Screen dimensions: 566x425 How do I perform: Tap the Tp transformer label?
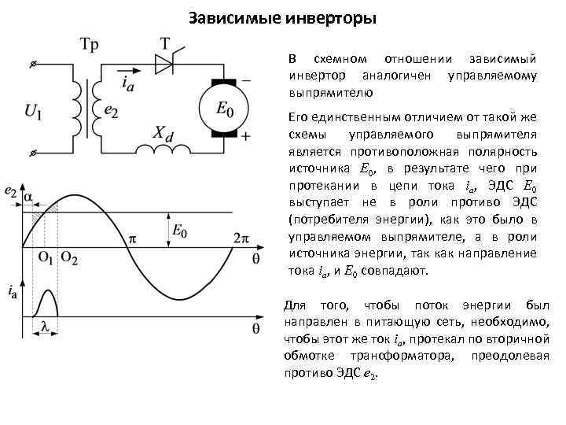89,45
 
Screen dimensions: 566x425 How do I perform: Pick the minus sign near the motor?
247,79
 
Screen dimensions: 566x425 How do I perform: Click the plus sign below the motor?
246,137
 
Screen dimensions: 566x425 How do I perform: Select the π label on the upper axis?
132,235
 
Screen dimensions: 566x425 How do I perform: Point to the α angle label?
29,197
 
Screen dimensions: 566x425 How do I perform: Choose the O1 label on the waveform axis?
46,258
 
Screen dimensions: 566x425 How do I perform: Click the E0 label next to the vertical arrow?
179,231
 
